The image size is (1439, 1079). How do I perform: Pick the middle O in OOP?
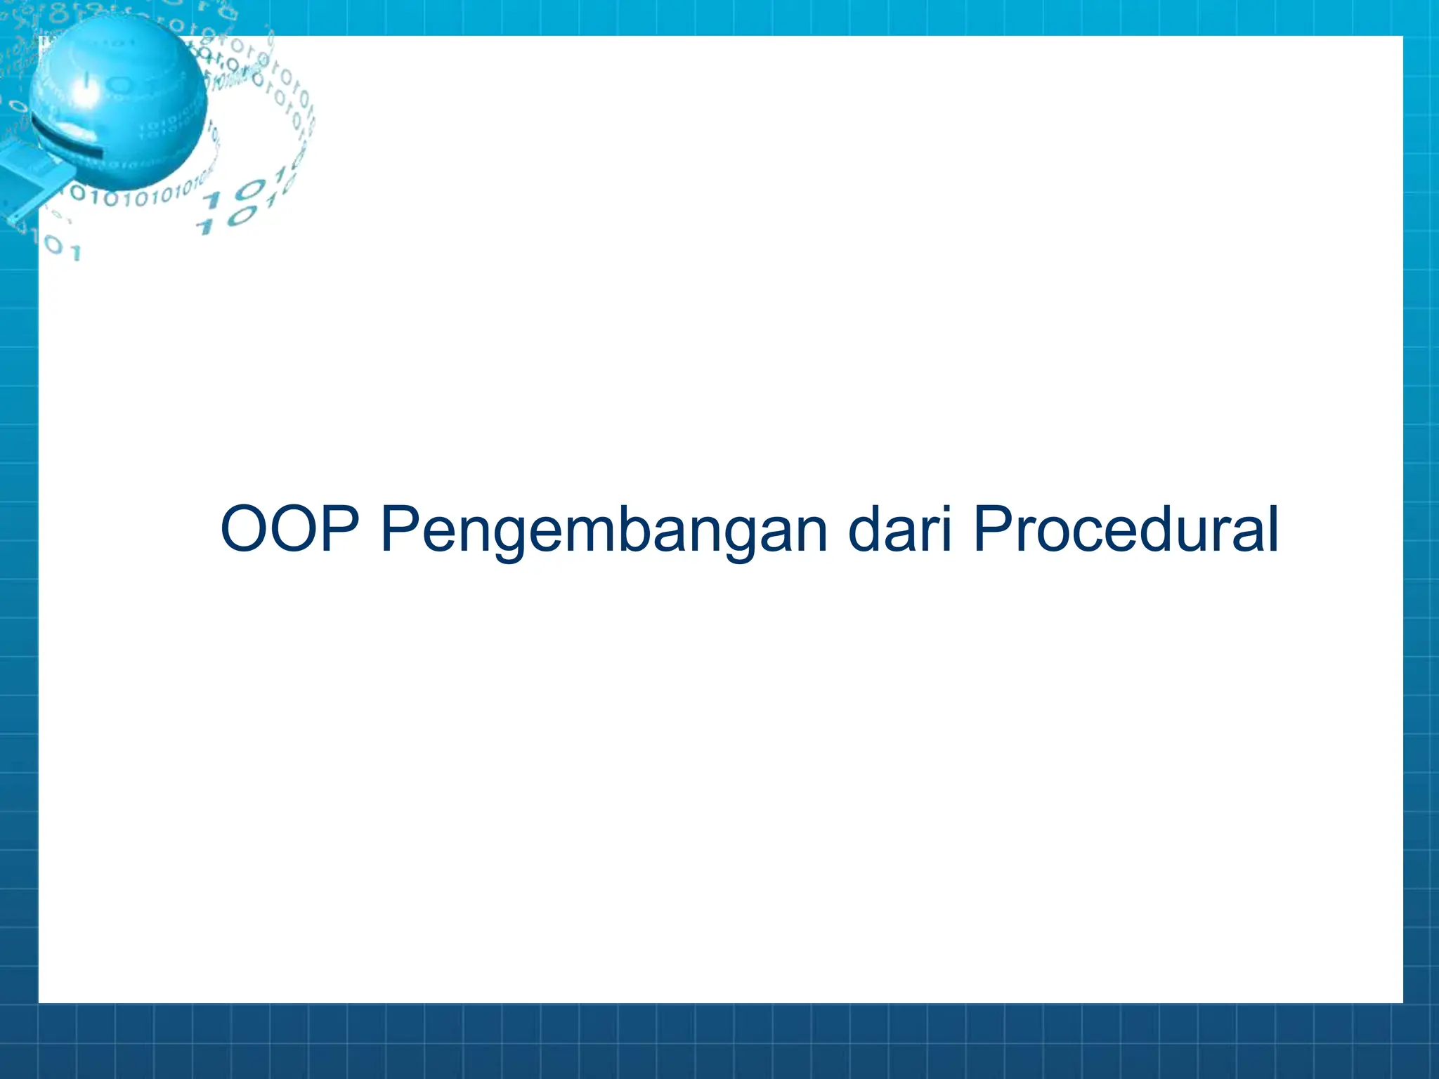point(301,529)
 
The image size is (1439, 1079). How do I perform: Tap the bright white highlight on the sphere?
point(84,91)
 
